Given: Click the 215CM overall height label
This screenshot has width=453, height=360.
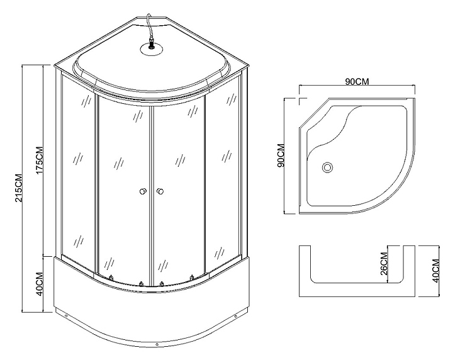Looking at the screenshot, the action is click(x=18, y=188).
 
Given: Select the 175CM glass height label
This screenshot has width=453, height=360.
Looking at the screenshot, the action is click(x=39, y=160).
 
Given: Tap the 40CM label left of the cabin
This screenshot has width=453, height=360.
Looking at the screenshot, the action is click(x=39, y=284).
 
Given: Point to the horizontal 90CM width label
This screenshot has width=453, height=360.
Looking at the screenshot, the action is click(x=357, y=82).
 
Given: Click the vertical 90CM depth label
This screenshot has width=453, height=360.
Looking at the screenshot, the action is click(x=281, y=155).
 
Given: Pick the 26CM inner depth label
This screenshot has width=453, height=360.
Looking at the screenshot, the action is click(x=384, y=264).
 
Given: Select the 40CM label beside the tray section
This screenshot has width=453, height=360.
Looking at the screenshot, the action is click(x=435, y=271).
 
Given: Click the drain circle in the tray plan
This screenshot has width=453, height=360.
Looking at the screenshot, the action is click(x=327, y=167).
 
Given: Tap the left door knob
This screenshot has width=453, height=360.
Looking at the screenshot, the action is click(x=143, y=191).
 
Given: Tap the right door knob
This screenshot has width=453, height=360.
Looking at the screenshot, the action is click(x=160, y=191).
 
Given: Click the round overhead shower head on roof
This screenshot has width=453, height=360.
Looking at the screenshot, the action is click(x=150, y=48).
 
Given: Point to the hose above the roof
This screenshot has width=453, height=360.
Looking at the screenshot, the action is click(x=149, y=26).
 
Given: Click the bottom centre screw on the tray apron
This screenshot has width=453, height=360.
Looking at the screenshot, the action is click(x=156, y=344).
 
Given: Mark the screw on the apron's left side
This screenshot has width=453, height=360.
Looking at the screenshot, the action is click(x=66, y=317).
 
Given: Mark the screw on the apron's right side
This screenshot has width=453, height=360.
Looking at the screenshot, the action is click(x=235, y=317).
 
